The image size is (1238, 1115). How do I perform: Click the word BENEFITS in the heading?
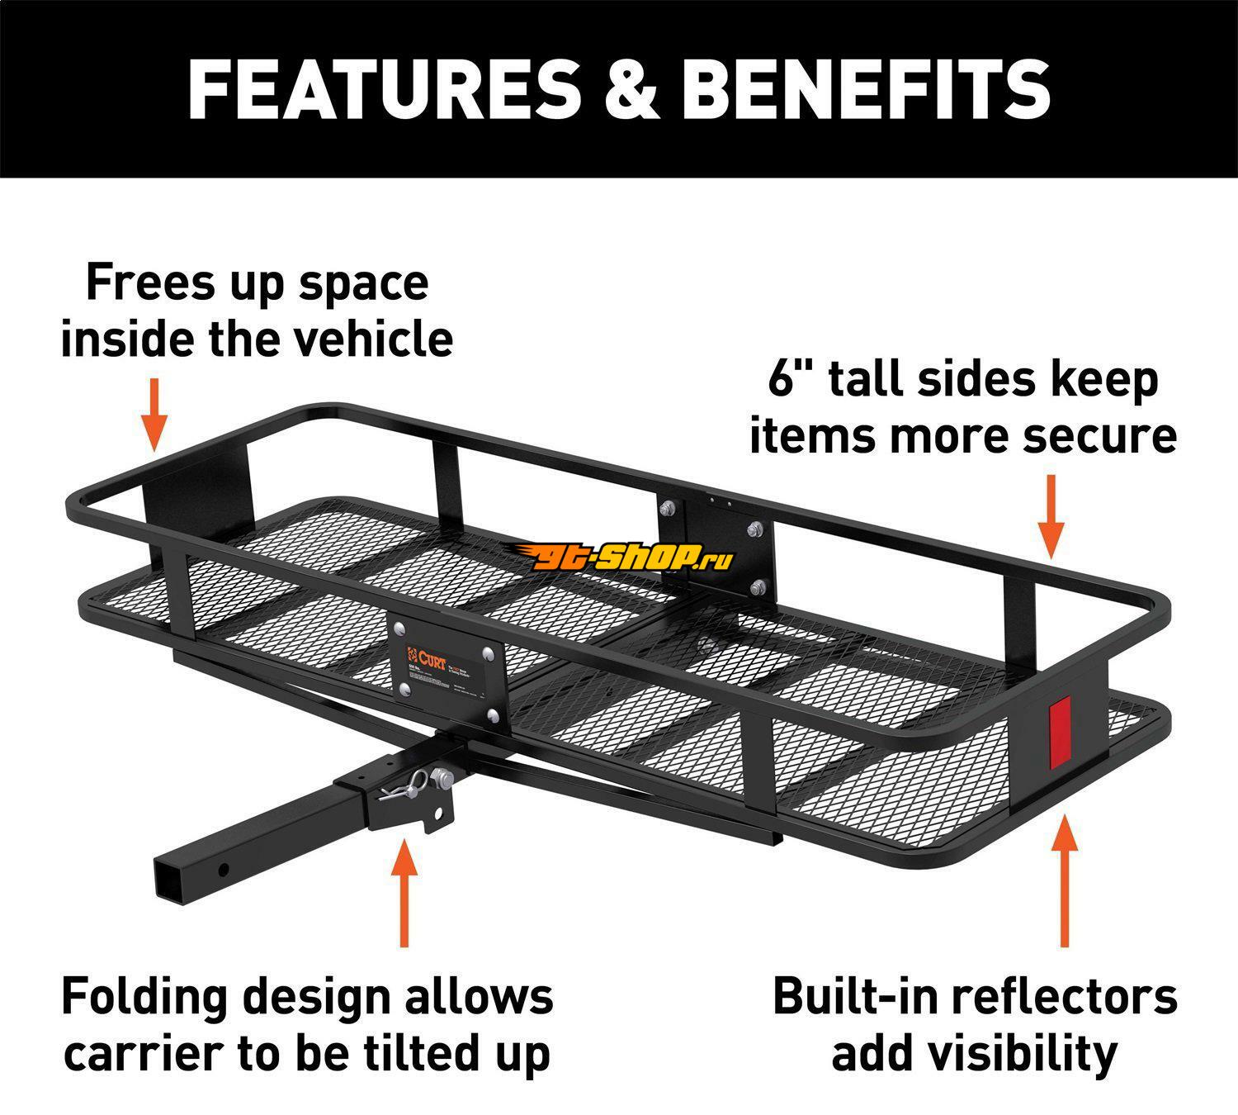pyautogui.click(x=867, y=88)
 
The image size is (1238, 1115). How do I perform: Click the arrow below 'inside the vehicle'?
pyautogui.click(x=154, y=413)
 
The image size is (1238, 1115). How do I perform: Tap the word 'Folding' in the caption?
pyautogui.click(x=144, y=998)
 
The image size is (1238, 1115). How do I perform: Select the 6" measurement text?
pyautogui.click(x=788, y=380)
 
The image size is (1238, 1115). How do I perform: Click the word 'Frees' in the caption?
pyautogui.click(x=144, y=282)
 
